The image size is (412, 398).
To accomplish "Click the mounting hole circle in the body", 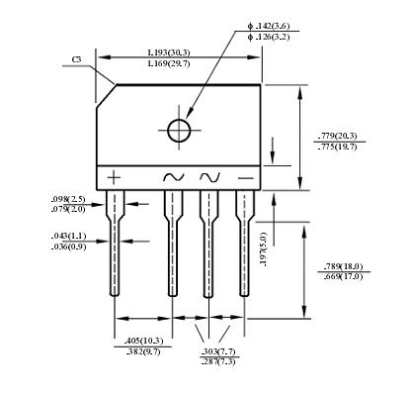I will click(x=179, y=131).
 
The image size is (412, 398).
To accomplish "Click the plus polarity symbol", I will click(x=115, y=177).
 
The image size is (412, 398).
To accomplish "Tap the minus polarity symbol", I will click(x=244, y=177).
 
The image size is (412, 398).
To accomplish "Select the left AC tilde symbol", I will click(x=173, y=177).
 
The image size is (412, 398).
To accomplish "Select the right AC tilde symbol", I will click(x=209, y=177).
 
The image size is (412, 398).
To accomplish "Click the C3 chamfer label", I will click(x=77, y=60).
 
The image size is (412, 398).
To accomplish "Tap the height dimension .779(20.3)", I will click(x=340, y=135).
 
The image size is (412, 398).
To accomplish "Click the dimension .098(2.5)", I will click(x=68, y=199).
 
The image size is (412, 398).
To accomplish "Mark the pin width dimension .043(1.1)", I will click(x=68, y=236).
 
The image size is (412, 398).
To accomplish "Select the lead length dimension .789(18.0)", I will click(x=343, y=266).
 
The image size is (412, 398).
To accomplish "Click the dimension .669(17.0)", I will click(x=343, y=277).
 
